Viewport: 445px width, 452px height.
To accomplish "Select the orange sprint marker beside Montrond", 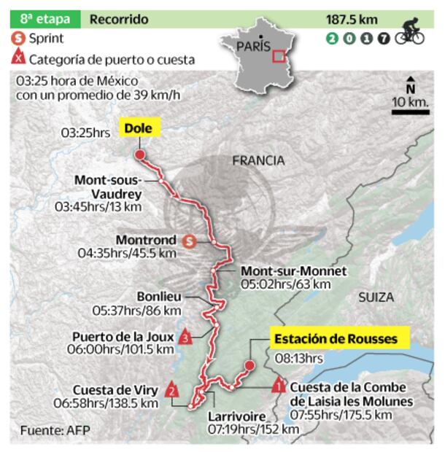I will (190, 239).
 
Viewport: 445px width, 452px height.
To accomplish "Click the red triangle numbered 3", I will (186, 338).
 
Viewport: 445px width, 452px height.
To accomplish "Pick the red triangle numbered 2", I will (171, 390).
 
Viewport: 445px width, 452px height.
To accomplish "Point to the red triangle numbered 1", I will (279, 385).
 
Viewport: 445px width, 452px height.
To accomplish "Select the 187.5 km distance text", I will (353, 19).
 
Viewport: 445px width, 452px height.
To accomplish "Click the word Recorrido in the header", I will (119, 19).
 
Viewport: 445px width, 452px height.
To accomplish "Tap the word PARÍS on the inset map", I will (252, 47).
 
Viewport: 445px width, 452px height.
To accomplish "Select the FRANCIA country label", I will (259, 160).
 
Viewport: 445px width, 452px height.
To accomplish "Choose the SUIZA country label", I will (376, 297).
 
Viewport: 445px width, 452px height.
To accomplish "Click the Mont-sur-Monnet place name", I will (293, 270).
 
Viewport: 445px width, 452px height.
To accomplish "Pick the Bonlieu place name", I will (158, 297).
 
